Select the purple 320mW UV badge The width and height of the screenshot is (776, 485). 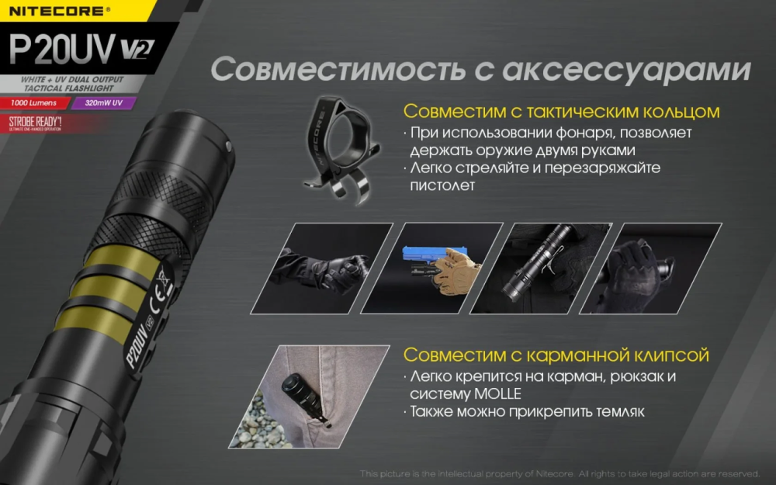[x=106, y=103]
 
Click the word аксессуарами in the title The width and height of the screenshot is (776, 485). [x=625, y=69]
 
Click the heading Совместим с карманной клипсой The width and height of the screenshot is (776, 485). [x=556, y=356]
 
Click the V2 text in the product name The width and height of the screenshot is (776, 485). [x=137, y=50]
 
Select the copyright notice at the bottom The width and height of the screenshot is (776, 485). [x=559, y=473]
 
